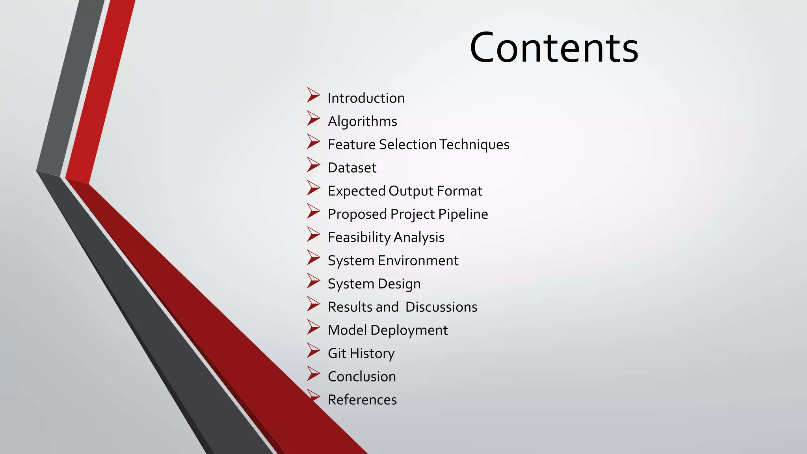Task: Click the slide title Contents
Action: [554, 48]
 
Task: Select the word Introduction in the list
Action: [366, 98]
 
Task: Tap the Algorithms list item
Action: [363, 121]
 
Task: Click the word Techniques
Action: [474, 145]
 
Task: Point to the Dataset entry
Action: [352, 168]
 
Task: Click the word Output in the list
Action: [411, 191]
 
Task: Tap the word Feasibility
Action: [359, 238]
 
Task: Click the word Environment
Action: [418, 261]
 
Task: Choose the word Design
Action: [399, 284]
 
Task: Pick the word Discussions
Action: [441, 307]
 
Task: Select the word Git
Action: [337, 354]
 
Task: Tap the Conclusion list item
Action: [362, 377]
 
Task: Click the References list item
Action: [362, 400]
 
